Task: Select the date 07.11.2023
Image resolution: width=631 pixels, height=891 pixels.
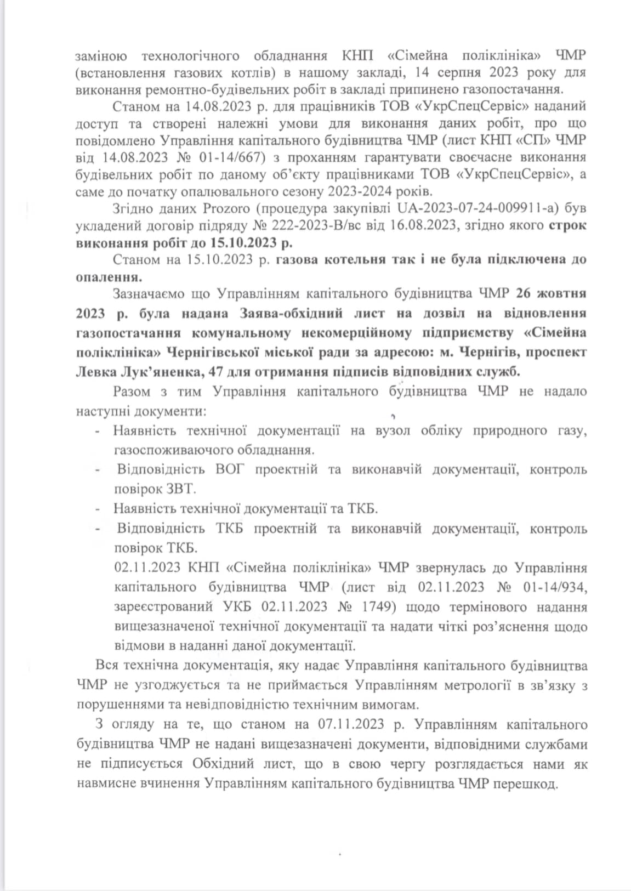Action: [x=352, y=724]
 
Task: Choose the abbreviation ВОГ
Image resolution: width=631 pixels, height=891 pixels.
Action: [x=229, y=469]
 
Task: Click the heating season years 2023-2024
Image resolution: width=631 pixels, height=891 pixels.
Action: [x=361, y=191]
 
